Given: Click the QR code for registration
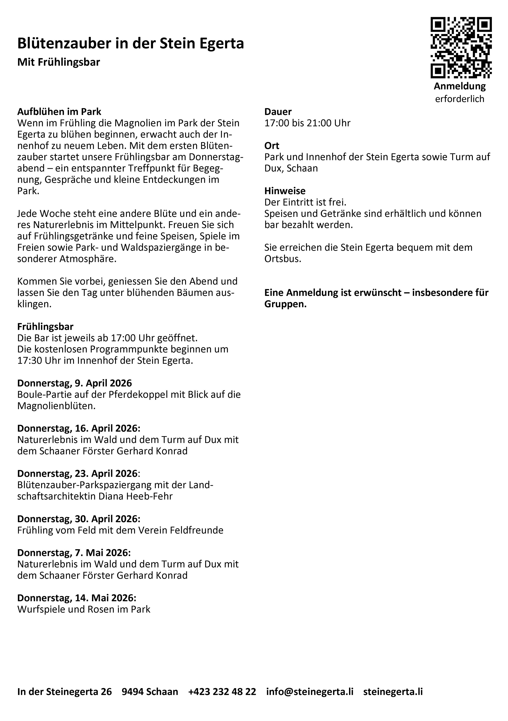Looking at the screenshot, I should click(x=461, y=48).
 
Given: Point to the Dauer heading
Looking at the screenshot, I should click(x=278, y=112).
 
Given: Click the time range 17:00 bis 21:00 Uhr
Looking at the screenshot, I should click(x=307, y=123).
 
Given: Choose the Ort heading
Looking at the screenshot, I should click(x=272, y=145).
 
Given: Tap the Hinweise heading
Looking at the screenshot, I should click(x=285, y=191).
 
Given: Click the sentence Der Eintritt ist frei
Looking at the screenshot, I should click(x=305, y=202).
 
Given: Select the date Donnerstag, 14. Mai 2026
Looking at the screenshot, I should click(x=77, y=598).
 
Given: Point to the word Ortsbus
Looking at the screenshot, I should click(x=282, y=259).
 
